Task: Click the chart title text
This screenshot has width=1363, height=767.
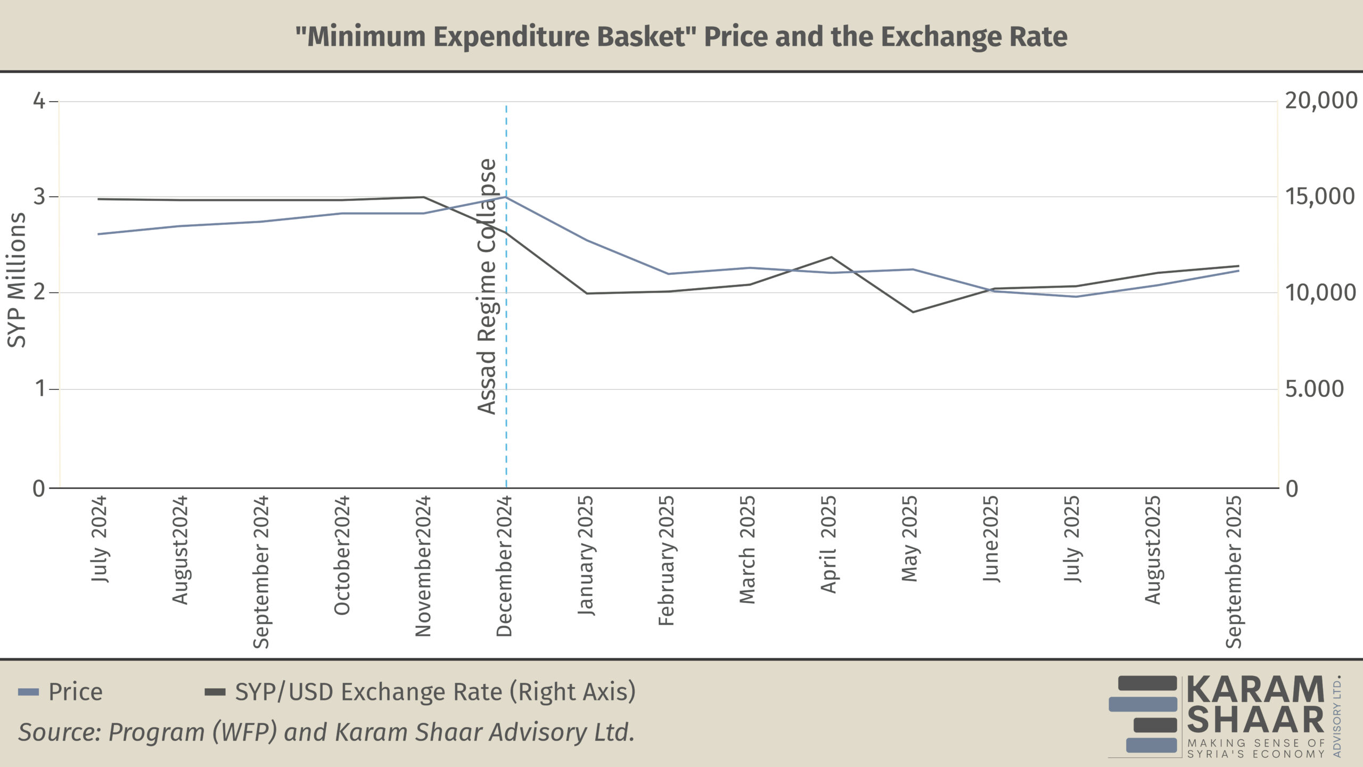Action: pyautogui.click(x=681, y=37)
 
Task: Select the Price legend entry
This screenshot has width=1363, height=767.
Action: pyautogui.click(x=75, y=692)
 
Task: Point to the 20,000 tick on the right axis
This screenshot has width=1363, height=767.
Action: pyautogui.click(x=1321, y=101)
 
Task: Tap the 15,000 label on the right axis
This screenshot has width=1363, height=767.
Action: pyautogui.click(x=1320, y=197)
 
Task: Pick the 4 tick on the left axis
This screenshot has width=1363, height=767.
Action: pyautogui.click(x=39, y=101)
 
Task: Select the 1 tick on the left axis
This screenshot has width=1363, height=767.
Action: pyautogui.click(x=40, y=389)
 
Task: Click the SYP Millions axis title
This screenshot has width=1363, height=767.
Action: pyautogui.click(x=17, y=280)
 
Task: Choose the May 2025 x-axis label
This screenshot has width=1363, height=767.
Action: pyautogui.click(x=910, y=538)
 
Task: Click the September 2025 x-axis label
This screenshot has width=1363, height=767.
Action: pyautogui.click(x=1234, y=572)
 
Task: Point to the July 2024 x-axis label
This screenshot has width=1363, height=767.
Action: pyautogui.click(x=99, y=538)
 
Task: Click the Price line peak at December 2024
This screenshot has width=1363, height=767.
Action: pyautogui.click(x=506, y=197)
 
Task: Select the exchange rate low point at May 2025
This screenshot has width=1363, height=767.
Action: pyautogui.click(x=913, y=312)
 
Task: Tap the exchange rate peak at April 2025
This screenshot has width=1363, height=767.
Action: pyautogui.click(x=831, y=257)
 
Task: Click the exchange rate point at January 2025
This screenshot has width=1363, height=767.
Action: pyautogui.click(x=587, y=293)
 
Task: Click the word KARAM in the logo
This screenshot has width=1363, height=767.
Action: pyautogui.click(x=1255, y=690)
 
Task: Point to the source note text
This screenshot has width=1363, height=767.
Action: pyautogui.click(x=326, y=732)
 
